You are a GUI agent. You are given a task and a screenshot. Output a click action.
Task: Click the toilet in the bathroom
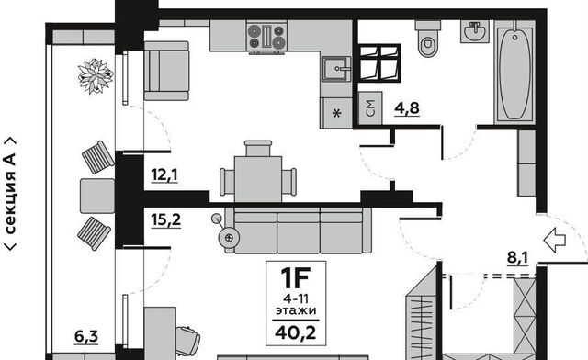pyautogui.click(x=427, y=39)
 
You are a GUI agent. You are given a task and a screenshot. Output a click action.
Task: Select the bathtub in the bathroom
pyautogui.click(x=514, y=72)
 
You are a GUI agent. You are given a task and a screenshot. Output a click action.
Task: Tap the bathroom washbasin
pyautogui.click(x=475, y=31)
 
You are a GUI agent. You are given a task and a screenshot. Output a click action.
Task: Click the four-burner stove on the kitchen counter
pyautogui.click(x=266, y=37)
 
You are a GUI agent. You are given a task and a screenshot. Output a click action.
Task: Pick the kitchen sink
pyautogui.click(x=336, y=69)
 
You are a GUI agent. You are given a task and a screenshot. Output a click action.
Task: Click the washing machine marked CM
pyautogui.click(x=370, y=107)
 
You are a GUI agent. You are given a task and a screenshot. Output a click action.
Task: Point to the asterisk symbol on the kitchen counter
pyautogui.click(x=337, y=112)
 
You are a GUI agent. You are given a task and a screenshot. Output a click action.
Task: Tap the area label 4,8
pyautogui.click(x=407, y=108)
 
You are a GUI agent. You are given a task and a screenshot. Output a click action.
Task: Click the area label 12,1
pyautogui.click(x=164, y=174)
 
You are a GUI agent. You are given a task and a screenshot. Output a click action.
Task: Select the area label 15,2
pyautogui.click(x=166, y=219)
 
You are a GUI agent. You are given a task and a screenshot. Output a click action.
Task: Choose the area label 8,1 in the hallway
pyautogui.click(x=517, y=258)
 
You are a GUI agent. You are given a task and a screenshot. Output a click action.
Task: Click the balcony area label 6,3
pyautogui.click(x=86, y=336)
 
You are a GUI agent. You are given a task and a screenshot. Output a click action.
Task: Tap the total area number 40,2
pyautogui.click(x=296, y=332)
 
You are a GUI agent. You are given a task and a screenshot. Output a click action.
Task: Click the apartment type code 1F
pyautogui.click(x=296, y=276)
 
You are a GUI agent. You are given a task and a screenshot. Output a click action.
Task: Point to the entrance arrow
pyautogui.click(x=554, y=240)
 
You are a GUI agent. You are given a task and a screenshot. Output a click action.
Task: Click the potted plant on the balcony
pyautogui.click(x=96, y=75)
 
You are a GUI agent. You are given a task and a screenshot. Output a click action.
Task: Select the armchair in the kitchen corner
pyautogui.click(x=166, y=71)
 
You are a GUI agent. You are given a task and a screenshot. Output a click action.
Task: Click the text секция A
pyautogui.click(x=10, y=194)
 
